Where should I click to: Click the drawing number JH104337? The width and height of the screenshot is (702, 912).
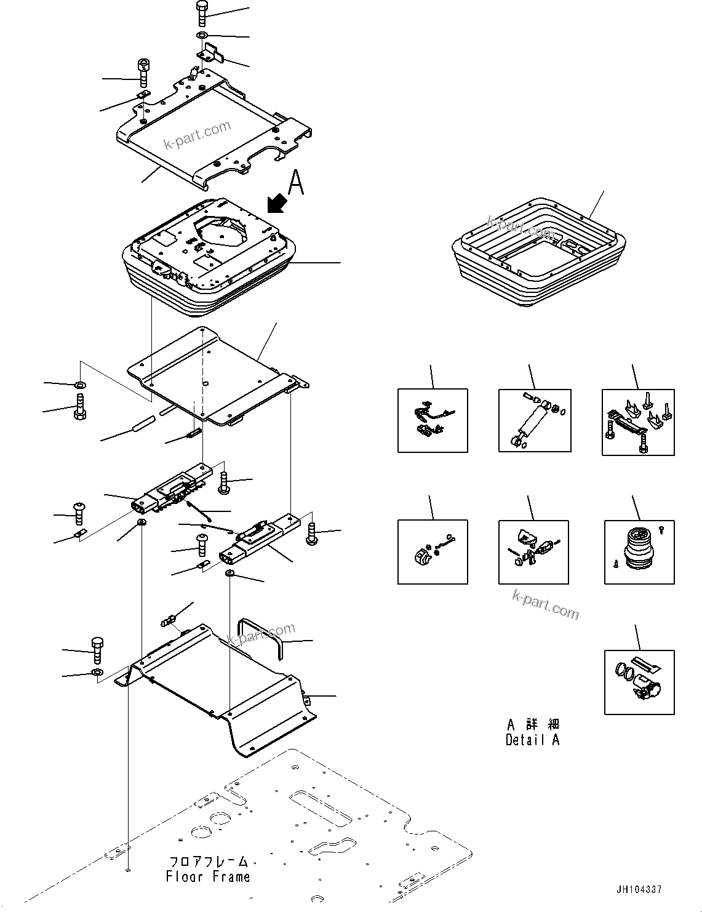[x=638, y=889]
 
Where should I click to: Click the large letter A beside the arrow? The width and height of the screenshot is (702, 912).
[x=296, y=183]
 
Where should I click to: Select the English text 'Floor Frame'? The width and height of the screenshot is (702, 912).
[x=208, y=876]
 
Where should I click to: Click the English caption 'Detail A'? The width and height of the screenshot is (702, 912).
[x=532, y=740]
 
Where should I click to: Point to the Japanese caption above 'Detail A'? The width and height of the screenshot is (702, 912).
[x=533, y=724]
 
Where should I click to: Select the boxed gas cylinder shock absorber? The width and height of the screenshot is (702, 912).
[x=533, y=420]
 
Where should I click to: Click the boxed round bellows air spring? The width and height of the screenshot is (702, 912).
[x=639, y=551]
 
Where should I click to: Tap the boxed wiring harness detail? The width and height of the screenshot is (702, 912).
[x=432, y=420]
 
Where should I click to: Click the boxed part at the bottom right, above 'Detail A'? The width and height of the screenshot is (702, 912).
[x=639, y=682]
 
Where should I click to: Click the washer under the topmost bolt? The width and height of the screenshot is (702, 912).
[x=203, y=35]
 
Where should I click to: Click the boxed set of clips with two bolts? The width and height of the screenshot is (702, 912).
[x=637, y=422]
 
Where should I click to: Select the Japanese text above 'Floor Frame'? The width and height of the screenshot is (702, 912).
[x=208, y=861]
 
